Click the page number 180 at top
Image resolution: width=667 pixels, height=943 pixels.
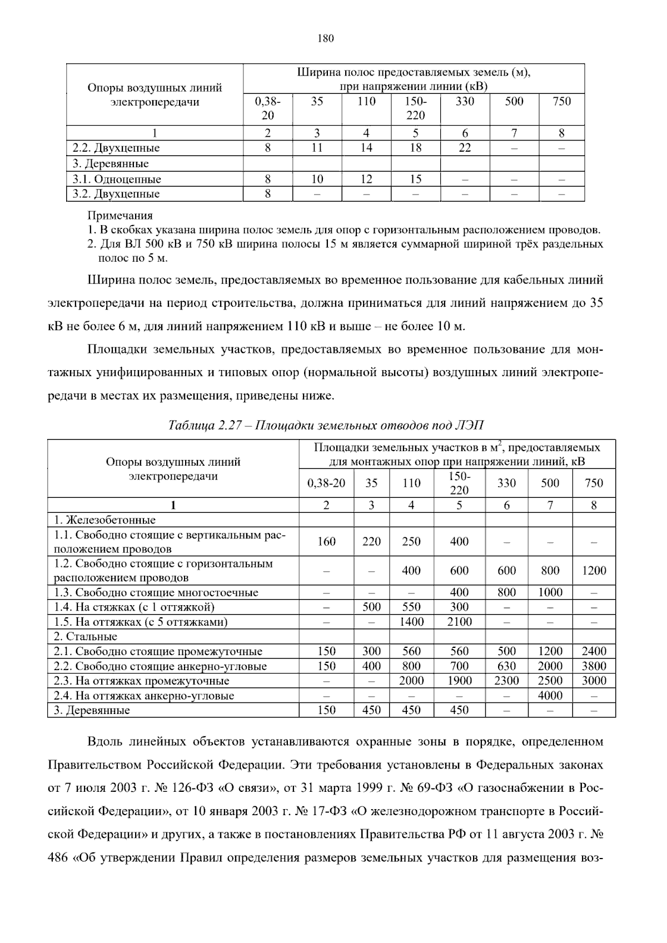[x=326, y=38]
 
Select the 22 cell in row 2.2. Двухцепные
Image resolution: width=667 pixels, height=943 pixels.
[x=465, y=148]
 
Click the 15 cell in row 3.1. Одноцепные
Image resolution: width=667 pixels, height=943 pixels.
[x=415, y=179]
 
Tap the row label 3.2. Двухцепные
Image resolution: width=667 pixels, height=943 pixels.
[x=116, y=194]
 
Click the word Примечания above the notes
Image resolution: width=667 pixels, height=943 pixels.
[x=120, y=216]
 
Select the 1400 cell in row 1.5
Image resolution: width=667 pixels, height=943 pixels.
[x=411, y=622]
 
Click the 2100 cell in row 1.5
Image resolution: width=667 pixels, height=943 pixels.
[x=459, y=622]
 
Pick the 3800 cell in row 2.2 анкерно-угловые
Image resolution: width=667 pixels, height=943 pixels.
[x=594, y=666]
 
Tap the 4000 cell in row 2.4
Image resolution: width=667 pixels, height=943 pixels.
[x=550, y=695]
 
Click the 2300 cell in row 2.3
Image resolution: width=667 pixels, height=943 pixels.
[x=506, y=681]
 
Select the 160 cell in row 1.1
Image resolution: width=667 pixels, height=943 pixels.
[x=326, y=541]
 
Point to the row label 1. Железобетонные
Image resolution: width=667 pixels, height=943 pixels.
[x=104, y=520]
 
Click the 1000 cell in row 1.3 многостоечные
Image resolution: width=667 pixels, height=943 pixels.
[x=550, y=592]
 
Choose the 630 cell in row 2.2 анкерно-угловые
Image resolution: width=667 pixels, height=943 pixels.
[x=506, y=666]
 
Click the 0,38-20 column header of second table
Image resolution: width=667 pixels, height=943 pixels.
[x=326, y=483]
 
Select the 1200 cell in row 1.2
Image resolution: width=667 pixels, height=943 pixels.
[x=594, y=571]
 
